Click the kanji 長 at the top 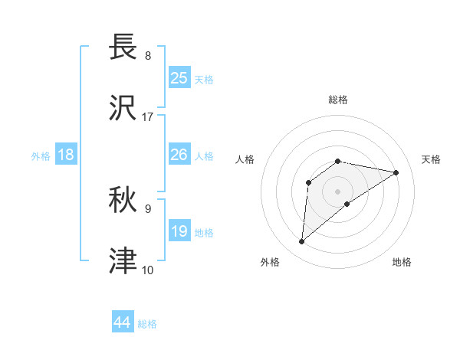[125, 48]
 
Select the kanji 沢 [125, 108]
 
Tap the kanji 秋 [125, 200]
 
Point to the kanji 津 [125, 261]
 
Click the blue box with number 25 [179, 78]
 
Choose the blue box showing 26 [179, 155]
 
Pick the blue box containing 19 [179, 231]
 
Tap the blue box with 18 [66, 155]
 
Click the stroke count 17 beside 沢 [148, 117]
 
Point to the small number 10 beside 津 [148, 270]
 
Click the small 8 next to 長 [148, 56]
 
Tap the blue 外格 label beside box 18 [41, 155]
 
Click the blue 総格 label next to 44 [147, 324]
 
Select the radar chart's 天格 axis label [431, 159]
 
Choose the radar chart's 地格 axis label [402, 262]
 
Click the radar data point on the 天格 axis [396, 172]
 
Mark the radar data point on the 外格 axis [301, 242]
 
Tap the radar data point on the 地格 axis [347, 204]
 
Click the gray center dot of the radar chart [337, 190]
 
